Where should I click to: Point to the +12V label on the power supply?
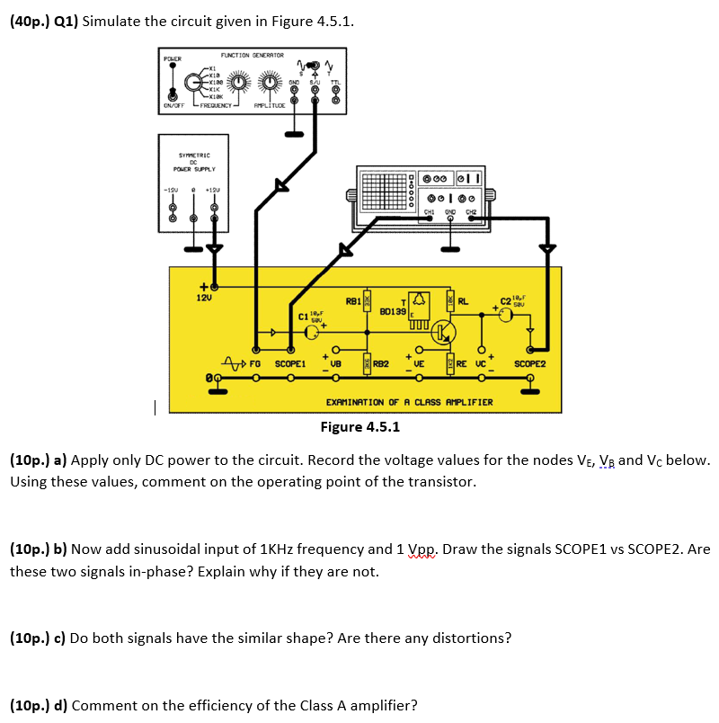pyautogui.click(x=214, y=190)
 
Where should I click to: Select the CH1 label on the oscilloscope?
pyautogui.click(x=429, y=212)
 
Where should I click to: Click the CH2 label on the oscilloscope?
pyautogui.click(x=471, y=212)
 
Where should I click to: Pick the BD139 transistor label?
pyautogui.click(x=393, y=311)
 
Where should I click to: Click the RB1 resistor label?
pyautogui.click(x=353, y=300)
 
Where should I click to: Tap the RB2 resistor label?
pyautogui.click(x=380, y=364)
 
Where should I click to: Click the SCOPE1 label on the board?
pyautogui.click(x=290, y=364)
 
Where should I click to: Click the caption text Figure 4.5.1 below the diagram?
pyautogui.click(x=360, y=426)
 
